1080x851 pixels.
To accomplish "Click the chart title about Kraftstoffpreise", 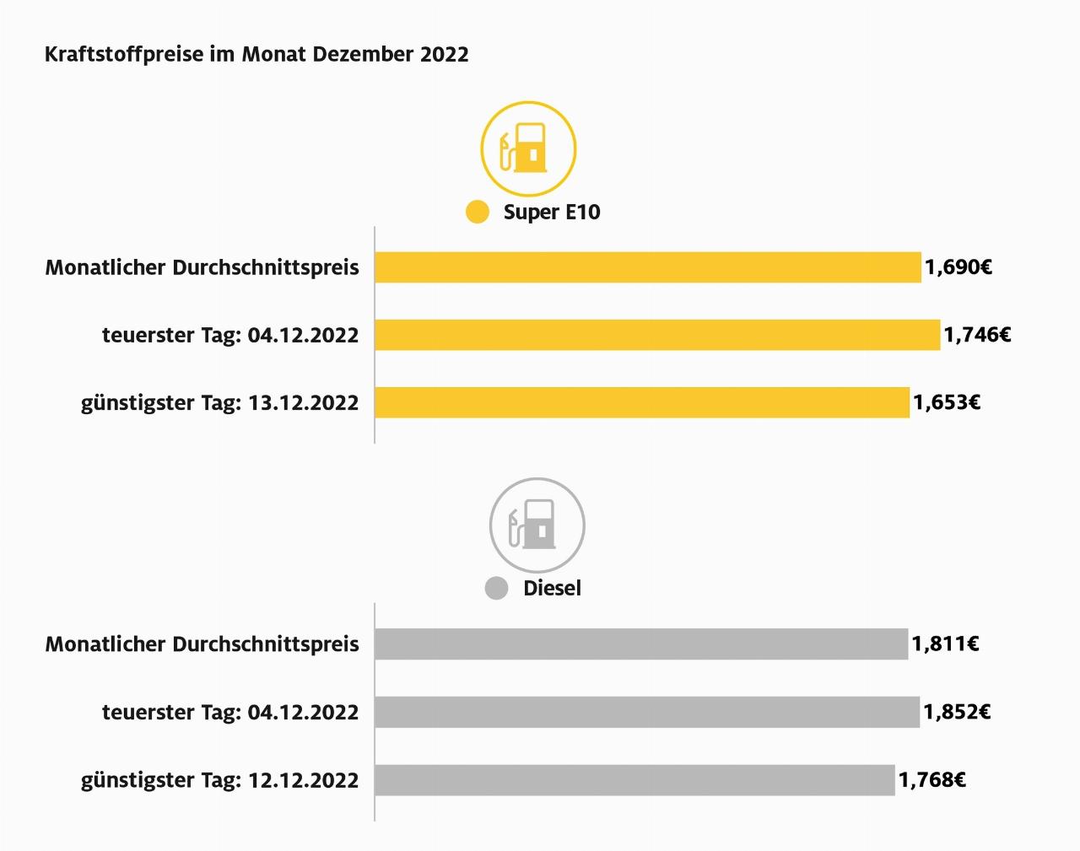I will pyautogui.click(x=256, y=55).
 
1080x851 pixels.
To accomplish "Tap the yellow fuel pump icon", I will pyautogui.click(x=528, y=149).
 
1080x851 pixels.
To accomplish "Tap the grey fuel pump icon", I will pyautogui.click(x=537, y=525).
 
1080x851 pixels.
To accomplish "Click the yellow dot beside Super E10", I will pyautogui.click(x=478, y=212).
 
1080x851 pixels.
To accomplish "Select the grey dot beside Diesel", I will pyautogui.click(x=496, y=589).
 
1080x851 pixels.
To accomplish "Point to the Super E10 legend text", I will pyautogui.click(x=552, y=212).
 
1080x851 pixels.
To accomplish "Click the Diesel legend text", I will pyautogui.click(x=552, y=589).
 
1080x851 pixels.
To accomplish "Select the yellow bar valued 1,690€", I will pyautogui.click(x=647, y=267).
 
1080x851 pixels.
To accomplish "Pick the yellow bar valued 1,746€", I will pyautogui.click(x=656, y=335).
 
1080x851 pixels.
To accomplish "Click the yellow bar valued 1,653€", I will pyautogui.click(x=641, y=402).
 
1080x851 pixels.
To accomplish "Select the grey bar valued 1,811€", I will pyautogui.click(x=640, y=644).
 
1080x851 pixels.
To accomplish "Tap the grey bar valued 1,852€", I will pyautogui.click(x=646, y=712).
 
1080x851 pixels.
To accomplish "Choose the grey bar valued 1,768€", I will pyautogui.click(x=634, y=779).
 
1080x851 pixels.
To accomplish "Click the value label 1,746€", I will pyautogui.click(x=977, y=335).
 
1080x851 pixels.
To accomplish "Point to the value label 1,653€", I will pyautogui.click(x=947, y=402).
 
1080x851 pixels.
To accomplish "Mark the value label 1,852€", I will pyautogui.click(x=957, y=712).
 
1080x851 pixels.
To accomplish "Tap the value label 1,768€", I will pyautogui.click(x=931, y=779).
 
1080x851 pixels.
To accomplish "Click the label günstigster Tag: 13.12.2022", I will pyautogui.click(x=219, y=403).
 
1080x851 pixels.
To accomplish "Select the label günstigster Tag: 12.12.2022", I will pyautogui.click(x=219, y=780).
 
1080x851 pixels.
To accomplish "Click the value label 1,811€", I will pyautogui.click(x=945, y=644).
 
